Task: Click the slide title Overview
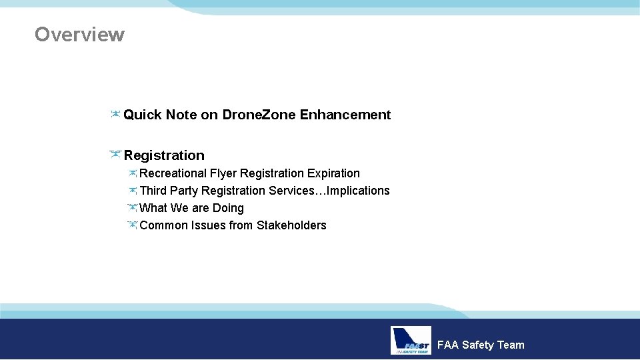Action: pyautogui.click(x=79, y=34)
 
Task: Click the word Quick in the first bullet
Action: pyautogui.click(x=143, y=115)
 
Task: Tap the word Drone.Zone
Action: pyautogui.click(x=259, y=115)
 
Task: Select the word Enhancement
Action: pyautogui.click(x=345, y=115)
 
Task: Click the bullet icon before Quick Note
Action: pyautogui.click(x=115, y=115)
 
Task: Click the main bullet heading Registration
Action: pyautogui.click(x=164, y=155)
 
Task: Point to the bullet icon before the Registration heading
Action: pyautogui.click(x=115, y=155)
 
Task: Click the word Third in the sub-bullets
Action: pyautogui.click(x=153, y=191)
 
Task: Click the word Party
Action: pyautogui.click(x=184, y=191)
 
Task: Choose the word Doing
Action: pyautogui.click(x=228, y=208)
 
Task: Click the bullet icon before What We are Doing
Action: pyautogui.click(x=132, y=208)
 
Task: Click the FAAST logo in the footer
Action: pyautogui.click(x=411, y=341)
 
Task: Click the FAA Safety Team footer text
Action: pyautogui.click(x=481, y=345)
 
